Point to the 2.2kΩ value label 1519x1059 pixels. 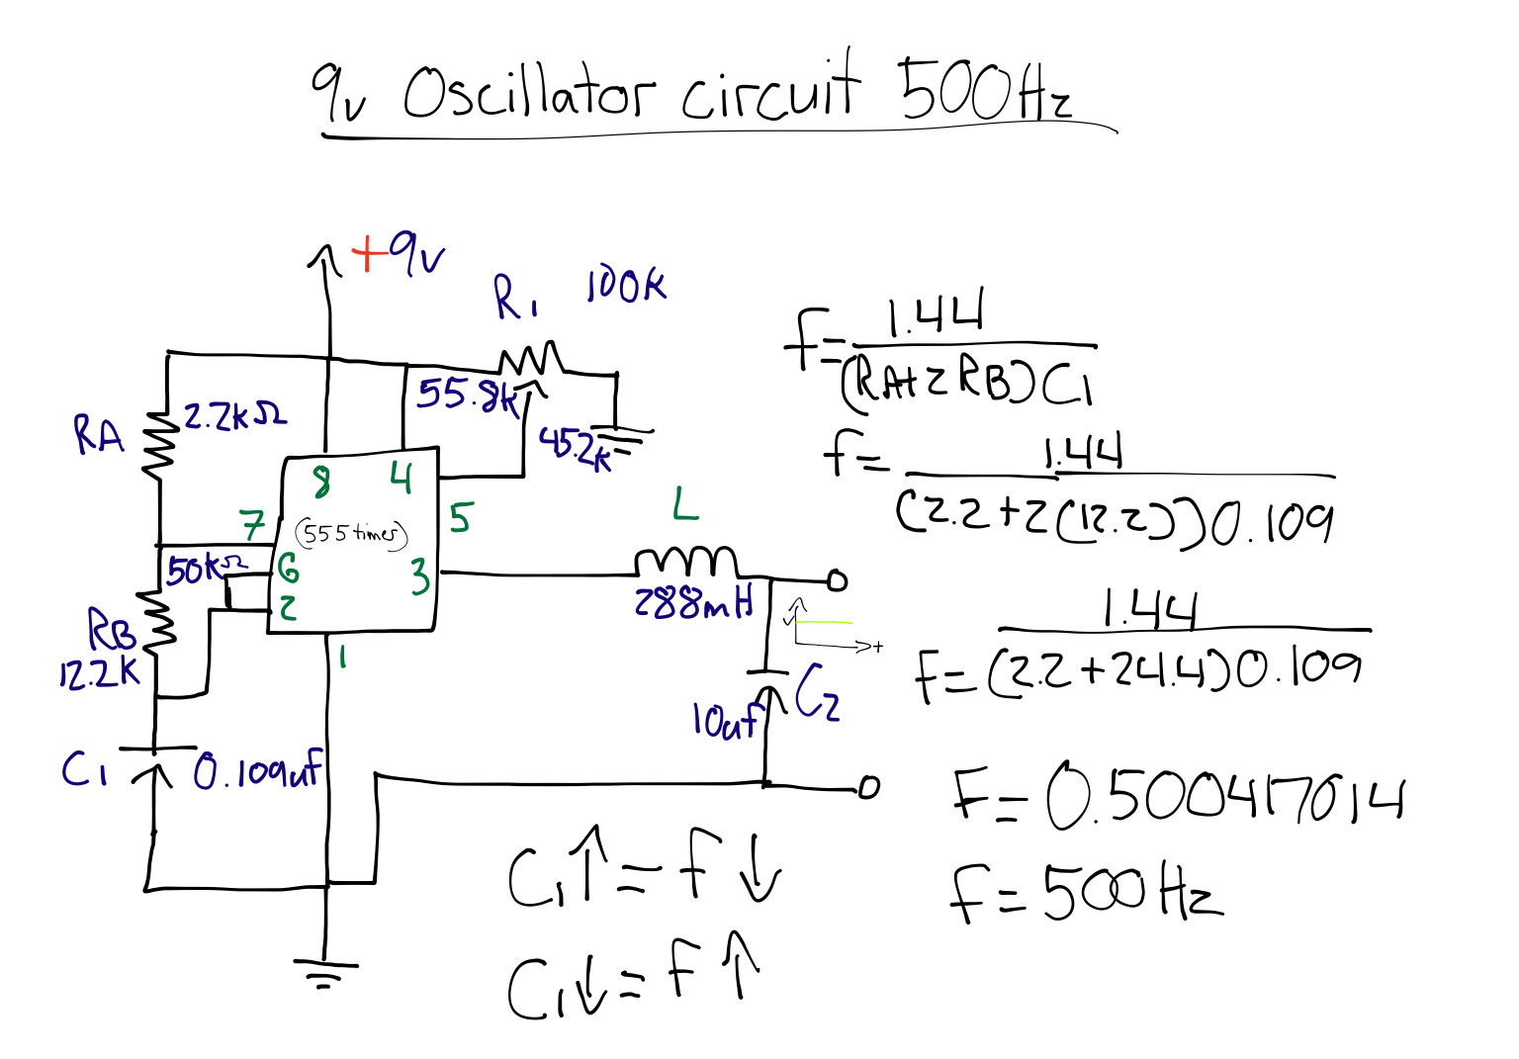pyautogui.click(x=234, y=415)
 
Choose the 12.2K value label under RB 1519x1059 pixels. pyautogui.click(x=99, y=673)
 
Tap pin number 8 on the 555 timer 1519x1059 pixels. pyautogui.click(x=322, y=483)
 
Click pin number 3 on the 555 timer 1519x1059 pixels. pyautogui.click(x=421, y=575)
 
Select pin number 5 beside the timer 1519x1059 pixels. pyautogui.click(x=461, y=517)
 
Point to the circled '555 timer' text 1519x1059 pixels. pyautogui.click(x=351, y=534)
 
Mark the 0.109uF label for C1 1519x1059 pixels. pyautogui.click(x=257, y=770)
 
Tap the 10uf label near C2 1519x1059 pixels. pyautogui.click(x=723, y=721)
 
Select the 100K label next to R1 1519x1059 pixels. pyautogui.click(x=626, y=285)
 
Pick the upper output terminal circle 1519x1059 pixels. pyautogui.click(x=837, y=580)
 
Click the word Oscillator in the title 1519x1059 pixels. pyautogui.click(x=528, y=94)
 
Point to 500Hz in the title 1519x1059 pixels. pyautogui.click(x=983, y=91)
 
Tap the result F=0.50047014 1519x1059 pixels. pyautogui.click(x=1177, y=796)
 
